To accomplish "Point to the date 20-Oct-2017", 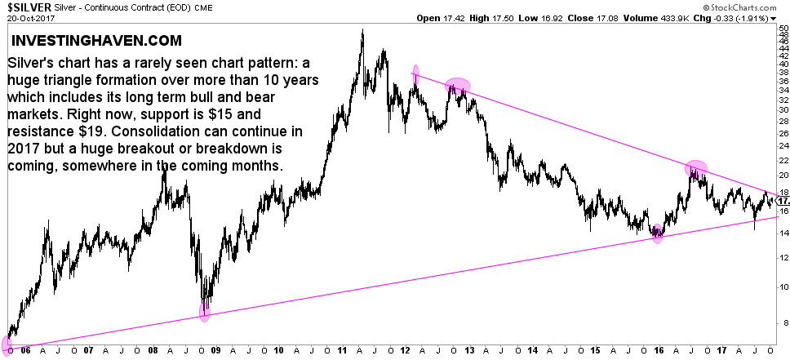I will (29, 17).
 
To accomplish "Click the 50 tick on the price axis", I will (782, 28).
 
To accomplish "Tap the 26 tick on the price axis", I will (782, 133).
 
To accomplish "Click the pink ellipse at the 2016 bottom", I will (658, 234).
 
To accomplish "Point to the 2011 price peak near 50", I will (362, 32).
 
